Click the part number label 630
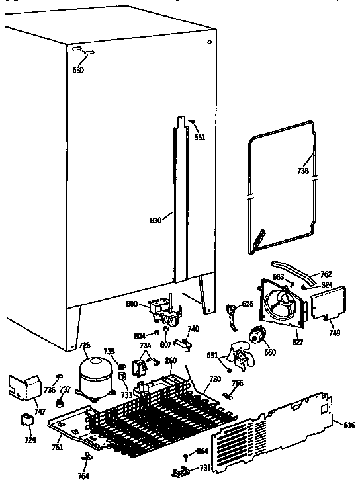click(78, 70)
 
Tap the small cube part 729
click(26, 419)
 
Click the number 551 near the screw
click(200, 138)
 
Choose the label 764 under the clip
click(83, 475)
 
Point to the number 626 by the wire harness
click(247, 304)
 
